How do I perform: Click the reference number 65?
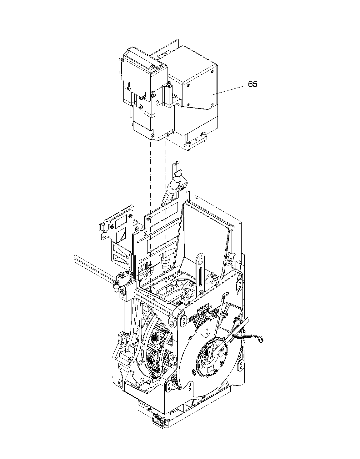(x=252, y=84)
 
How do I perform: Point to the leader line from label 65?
(x=228, y=90)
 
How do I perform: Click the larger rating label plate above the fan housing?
(x=202, y=310)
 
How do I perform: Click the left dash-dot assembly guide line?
(x=150, y=213)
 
